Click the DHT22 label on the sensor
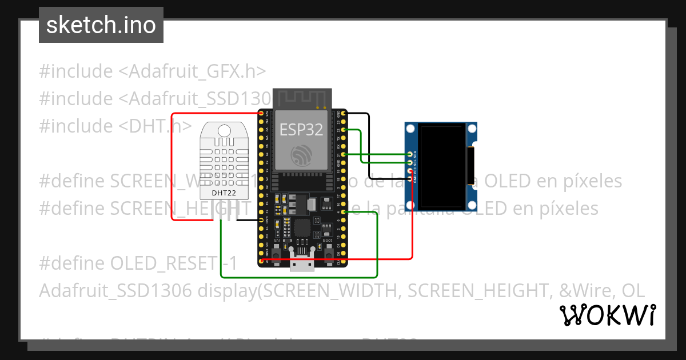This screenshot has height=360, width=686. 224,193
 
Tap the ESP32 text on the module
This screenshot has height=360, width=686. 301,130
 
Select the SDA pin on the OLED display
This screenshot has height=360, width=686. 409,154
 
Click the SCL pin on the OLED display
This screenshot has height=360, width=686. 409,163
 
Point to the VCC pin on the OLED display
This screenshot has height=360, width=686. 409,171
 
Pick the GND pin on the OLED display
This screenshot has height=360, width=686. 409,179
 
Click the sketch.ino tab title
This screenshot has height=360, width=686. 101,25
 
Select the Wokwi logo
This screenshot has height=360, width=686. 608,314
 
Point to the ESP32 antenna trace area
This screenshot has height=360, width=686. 302,98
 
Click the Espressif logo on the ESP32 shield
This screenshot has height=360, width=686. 301,155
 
